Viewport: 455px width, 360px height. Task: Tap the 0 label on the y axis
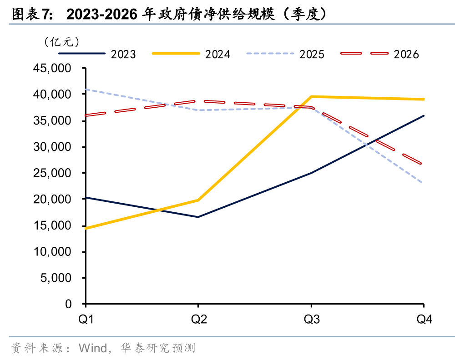pos(68,304)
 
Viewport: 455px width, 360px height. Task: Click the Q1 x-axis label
pos(86,320)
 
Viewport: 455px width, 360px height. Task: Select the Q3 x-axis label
pos(312,320)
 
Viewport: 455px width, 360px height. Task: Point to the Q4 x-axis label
pos(424,320)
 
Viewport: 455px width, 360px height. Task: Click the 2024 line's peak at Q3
pos(311,96)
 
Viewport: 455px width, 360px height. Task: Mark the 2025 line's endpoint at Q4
pos(424,183)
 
